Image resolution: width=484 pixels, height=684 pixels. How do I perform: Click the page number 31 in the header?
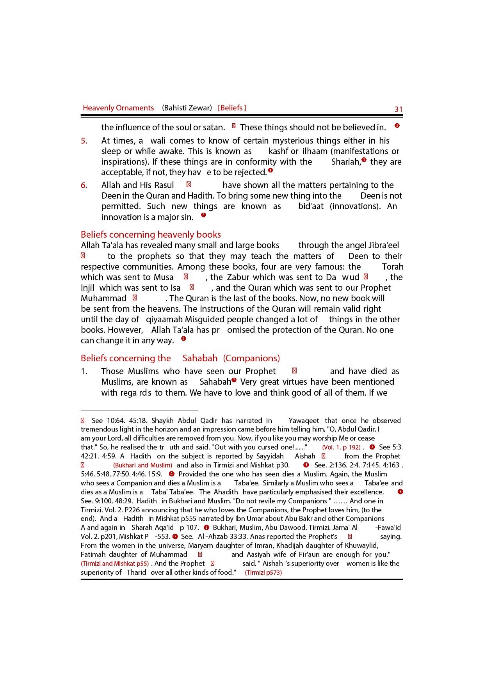tap(398, 109)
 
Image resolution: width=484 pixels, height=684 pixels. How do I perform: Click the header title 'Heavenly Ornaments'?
tap(118, 108)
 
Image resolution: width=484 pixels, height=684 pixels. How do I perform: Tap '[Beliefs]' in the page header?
tap(232, 108)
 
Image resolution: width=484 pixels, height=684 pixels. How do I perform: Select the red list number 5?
tap(84, 141)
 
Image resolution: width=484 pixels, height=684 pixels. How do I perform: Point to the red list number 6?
tap(84, 185)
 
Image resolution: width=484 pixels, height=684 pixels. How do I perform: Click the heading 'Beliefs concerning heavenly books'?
tap(151, 235)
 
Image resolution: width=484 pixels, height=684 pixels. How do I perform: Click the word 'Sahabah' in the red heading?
tap(200, 358)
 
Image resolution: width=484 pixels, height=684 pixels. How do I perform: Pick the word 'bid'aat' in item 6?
tap(311, 206)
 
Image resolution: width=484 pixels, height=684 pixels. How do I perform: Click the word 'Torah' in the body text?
tap(393, 267)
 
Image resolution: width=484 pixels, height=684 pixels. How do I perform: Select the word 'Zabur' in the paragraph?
tap(238, 277)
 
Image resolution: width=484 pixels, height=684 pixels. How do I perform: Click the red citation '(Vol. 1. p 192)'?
tap(341, 448)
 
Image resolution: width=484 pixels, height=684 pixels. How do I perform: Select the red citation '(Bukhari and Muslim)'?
tap(142, 465)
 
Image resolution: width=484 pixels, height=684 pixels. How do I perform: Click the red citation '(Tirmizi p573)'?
tap(263, 573)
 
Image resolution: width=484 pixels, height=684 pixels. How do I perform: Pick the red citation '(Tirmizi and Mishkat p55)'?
tap(115, 564)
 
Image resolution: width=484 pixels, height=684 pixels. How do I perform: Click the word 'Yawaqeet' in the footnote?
tap(304, 421)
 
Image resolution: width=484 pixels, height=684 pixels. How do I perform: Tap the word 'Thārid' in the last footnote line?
tap(137, 573)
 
